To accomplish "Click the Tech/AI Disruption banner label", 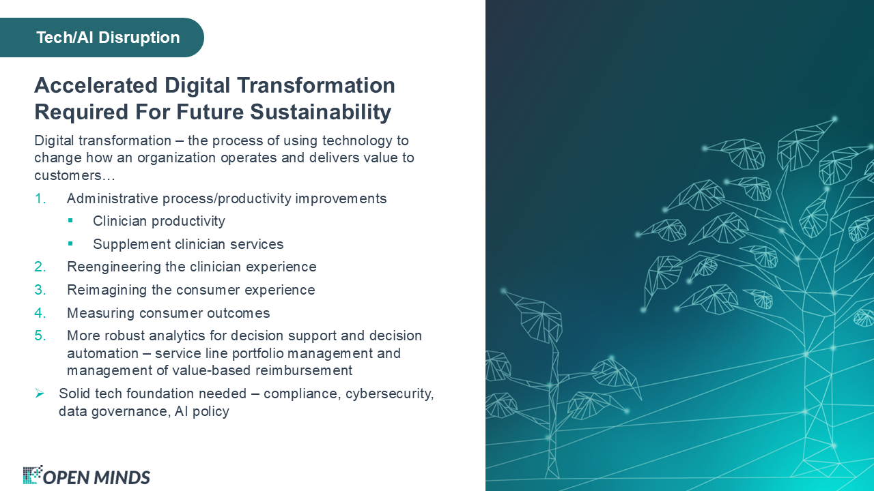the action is (x=108, y=38).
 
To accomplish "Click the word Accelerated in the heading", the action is (x=96, y=85).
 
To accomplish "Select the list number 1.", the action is (x=40, y=198).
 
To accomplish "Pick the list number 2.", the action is (x=40, y=267).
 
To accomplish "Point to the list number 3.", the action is (x=40, y=290).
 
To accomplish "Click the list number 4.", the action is (x=40, y=313).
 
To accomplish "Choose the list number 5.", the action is (x=40, y=336).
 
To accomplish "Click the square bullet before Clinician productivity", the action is (x=70, y=220).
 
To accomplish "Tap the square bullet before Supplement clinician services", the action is (x=70, y=243).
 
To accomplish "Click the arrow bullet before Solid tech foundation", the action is (x=40, y=393).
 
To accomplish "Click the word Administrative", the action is (x=113, y=198).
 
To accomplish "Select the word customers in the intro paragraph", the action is (x=68, y=176).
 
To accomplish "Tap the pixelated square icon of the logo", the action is (x=32, y=475).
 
